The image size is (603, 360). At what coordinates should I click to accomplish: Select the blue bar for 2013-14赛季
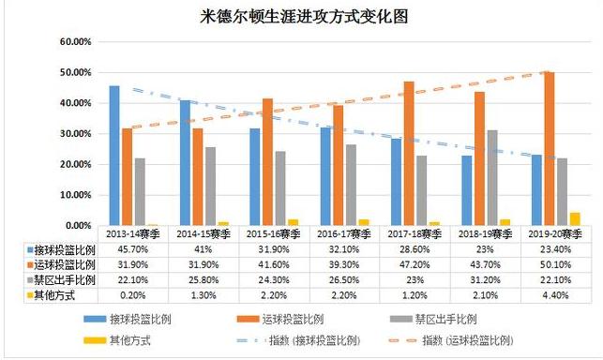click(114, 155)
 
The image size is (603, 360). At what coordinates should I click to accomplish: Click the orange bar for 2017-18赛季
click(409, 153)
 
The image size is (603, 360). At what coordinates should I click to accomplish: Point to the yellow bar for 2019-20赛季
click(575, 218)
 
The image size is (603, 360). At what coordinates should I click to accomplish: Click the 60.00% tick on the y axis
click(71, 42)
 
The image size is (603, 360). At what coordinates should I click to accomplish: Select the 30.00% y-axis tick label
click(71, 134)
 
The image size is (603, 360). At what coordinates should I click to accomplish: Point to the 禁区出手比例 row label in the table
click(57, 281)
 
